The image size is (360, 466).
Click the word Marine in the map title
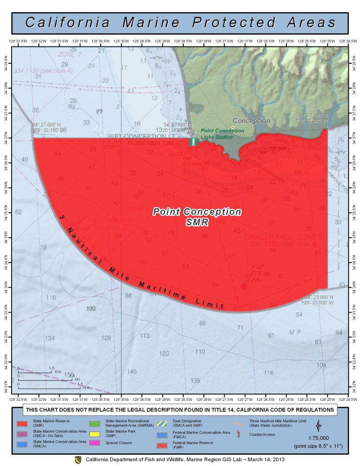[x=150, y=23]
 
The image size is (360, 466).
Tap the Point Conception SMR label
[x=197, y=217]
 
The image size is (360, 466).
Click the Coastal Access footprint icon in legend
[x=239, y=435]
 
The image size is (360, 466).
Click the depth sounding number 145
[x=132, y=371]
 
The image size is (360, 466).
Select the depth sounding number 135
[x=195, y=380]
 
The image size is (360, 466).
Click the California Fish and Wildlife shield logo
[x=78, y=459]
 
